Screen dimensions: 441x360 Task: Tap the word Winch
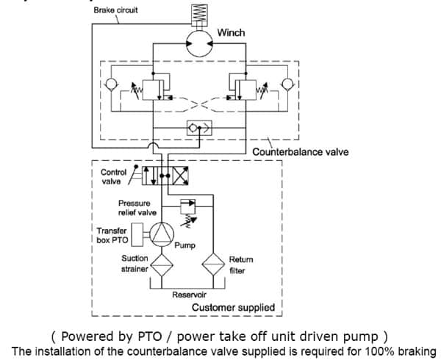231,32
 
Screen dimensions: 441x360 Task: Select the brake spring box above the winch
199,15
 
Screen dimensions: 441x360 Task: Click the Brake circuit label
115,10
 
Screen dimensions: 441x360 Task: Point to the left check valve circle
111,84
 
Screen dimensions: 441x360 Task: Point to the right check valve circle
287,84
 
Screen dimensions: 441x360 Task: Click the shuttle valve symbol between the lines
199,128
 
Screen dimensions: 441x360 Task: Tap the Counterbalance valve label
301,152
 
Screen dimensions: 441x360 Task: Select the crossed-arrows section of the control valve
180,176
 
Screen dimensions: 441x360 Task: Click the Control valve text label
113,177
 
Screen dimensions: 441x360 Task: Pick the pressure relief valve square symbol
187,207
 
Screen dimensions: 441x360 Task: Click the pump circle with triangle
162,234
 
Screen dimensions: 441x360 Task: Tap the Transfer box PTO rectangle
137,234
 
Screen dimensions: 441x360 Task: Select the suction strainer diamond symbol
162,265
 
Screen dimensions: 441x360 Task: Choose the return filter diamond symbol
213,264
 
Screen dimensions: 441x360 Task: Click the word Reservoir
190,295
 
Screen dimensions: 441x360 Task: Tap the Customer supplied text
233,307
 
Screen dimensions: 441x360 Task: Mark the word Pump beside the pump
184,245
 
